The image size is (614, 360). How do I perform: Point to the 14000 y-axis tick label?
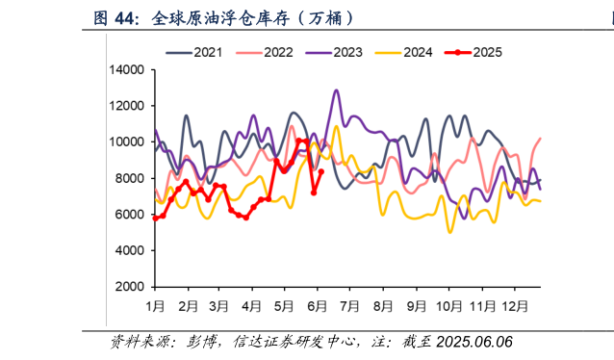point(127,70)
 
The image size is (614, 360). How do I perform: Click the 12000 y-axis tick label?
point(127,106)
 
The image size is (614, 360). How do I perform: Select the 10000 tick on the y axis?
point(127,142)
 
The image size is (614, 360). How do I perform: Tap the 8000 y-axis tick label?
point(130,178)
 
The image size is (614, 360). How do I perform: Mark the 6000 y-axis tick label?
point(130,215)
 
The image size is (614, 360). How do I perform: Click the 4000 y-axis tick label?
point(130,250)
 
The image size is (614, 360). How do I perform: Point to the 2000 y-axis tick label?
point(130,287)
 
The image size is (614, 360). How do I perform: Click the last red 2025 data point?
point(321,172)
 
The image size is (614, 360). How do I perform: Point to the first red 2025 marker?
point(155,219)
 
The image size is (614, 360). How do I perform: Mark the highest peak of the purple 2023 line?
point(336,90)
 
